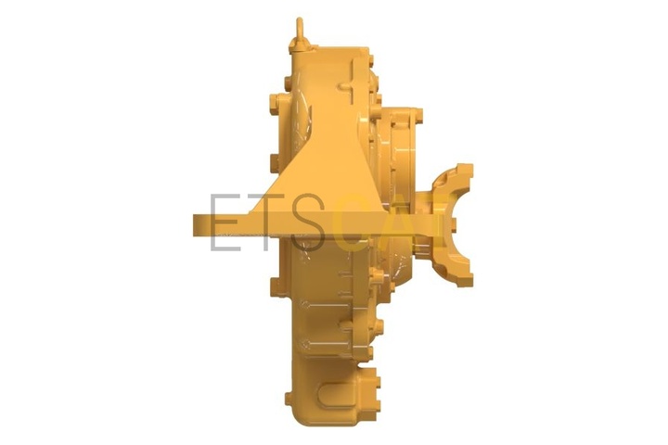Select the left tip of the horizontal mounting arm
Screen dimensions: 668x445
tap(195, 225)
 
